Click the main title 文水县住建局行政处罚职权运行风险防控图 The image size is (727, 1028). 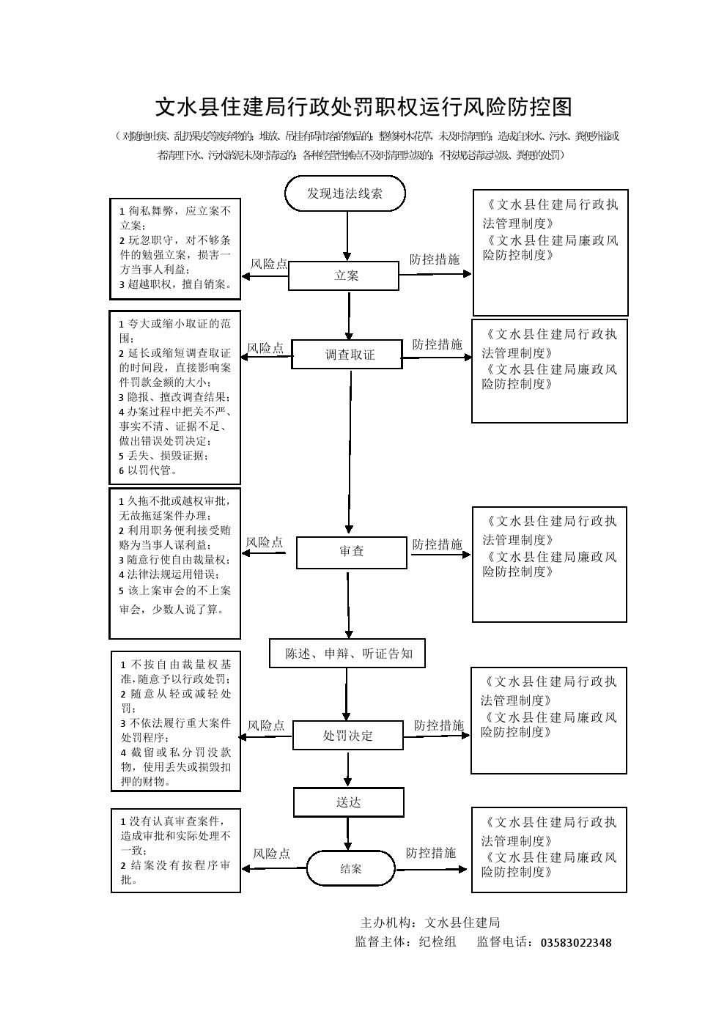tap(363, 107)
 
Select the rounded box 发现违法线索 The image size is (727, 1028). tap(344, 193)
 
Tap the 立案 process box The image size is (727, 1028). tap(344, 276)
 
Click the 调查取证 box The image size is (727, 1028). tap(347, 355)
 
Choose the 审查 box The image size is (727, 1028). tap(351, 552)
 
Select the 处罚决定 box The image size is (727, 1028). tap(347, 736)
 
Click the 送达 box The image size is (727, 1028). tap(349, 802)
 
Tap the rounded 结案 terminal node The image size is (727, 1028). tap(350, 868)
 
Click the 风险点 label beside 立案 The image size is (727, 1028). tap(268, 264)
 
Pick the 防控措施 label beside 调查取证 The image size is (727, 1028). tap(437, 344)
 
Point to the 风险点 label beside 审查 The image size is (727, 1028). tap(264, 542)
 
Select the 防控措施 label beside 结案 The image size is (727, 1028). tap(430, 853)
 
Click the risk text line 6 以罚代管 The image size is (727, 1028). tap(149, 470)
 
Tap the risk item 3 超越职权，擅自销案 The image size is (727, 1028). tap(176, 284)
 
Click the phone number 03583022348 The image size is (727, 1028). tap(575, 942)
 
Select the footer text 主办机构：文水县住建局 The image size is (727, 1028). tap(429, 922)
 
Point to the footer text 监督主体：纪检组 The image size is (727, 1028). tap(405, 942)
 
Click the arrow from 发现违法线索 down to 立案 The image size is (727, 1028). tap(347, 237)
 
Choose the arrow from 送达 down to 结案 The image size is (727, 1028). tap(349, 833)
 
